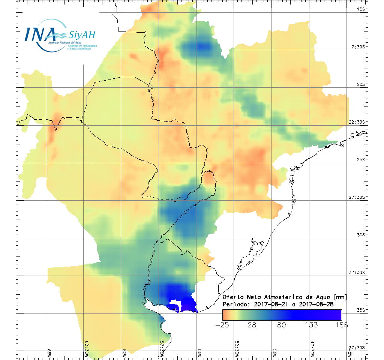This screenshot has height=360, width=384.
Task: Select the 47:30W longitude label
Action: coord(312,351)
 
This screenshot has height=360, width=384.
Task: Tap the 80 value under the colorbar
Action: coord(282,325)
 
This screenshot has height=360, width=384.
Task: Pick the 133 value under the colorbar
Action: coord(311,325)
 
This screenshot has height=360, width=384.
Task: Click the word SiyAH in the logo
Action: coord(82,35)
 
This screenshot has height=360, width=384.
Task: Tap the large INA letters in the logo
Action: coord(39,34)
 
